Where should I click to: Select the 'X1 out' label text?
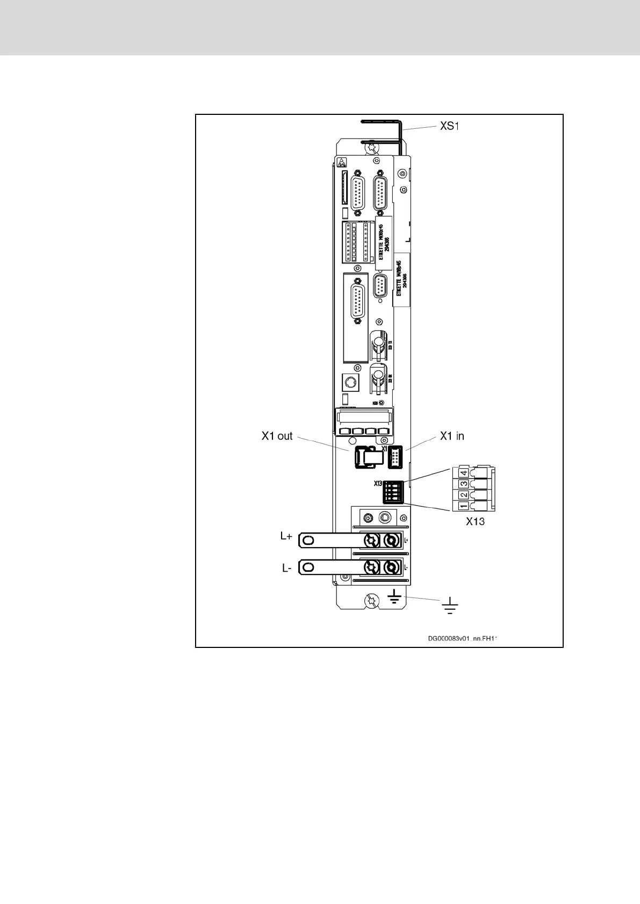point(277,436)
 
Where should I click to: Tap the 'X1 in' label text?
point(452,436)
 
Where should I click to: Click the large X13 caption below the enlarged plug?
point(475,521)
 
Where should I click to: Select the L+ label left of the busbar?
point(286,537)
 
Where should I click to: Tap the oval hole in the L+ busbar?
point(307,540)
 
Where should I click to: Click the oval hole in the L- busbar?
point(307,566)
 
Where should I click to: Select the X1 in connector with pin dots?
point(394,458)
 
